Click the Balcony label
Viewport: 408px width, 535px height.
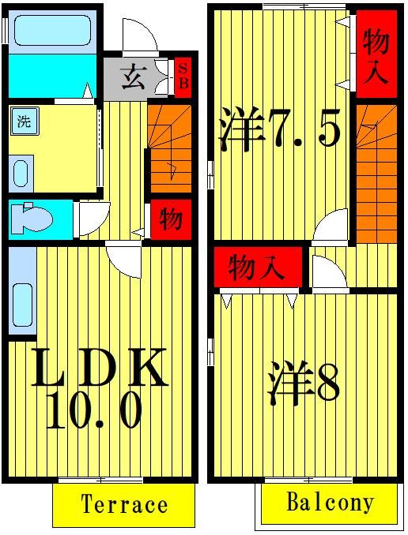330,503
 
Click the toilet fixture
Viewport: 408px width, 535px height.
35,219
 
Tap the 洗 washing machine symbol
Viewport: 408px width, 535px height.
24,122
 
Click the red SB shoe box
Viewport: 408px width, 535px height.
182,76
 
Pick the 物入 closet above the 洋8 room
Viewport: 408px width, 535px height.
258,268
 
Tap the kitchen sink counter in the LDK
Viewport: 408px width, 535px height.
22,292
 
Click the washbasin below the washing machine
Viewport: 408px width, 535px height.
21,172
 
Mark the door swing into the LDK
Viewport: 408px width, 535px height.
123,256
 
